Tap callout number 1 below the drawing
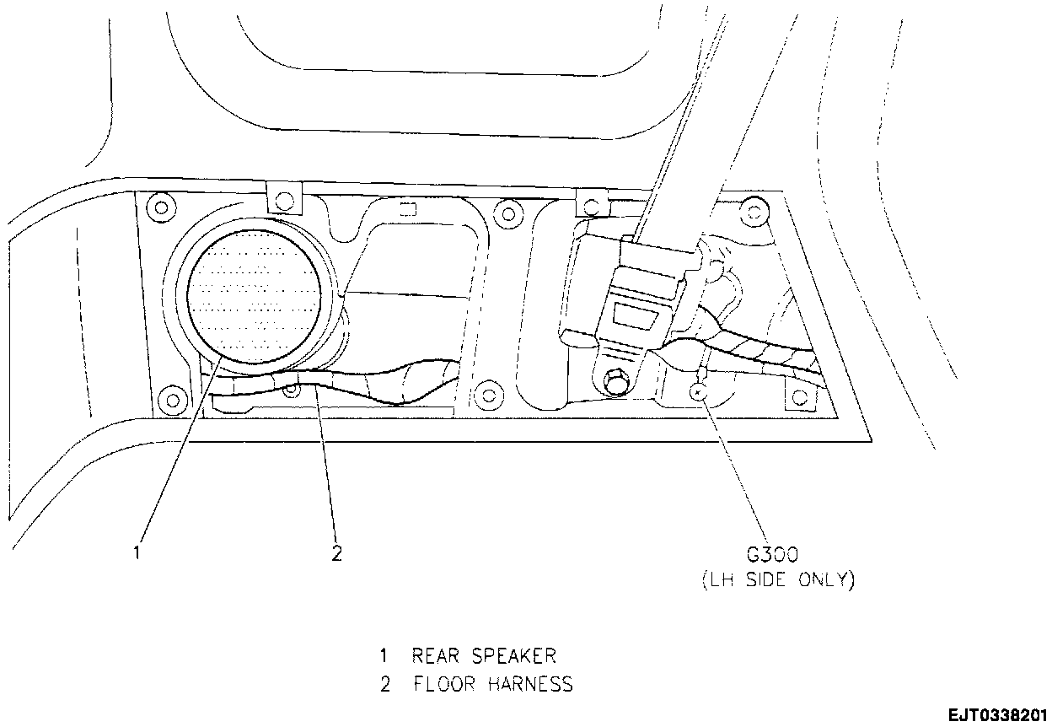click(x=136, y=553)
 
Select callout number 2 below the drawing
click(x=336, y=553)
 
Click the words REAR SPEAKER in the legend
click(x=483, y=655)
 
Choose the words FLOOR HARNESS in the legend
click(x=492, y=683)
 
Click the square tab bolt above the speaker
click(x=285, y=199)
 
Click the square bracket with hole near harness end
click(x=798, y=393)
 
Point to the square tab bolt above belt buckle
click(x=591, y=203)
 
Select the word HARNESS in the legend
click(x=531, y=683)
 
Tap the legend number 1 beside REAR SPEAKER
click(x=384, y=655)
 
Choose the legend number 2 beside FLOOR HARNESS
click(x=384, y=683)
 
